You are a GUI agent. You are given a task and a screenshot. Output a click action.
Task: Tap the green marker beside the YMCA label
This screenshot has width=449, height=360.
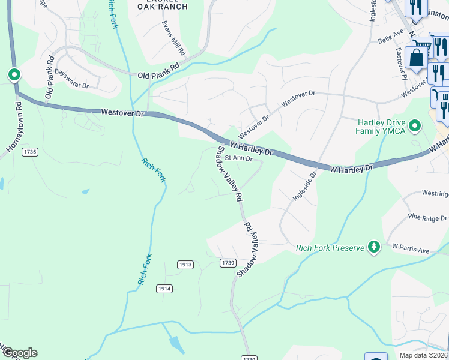pos(414,125)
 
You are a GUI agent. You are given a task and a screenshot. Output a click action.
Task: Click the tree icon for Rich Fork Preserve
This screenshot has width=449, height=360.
pos(374,246)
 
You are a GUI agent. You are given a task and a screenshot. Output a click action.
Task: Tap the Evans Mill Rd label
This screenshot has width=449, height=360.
pos(175,39)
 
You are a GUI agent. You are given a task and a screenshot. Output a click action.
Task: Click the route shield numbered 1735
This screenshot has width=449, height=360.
pos(30,152)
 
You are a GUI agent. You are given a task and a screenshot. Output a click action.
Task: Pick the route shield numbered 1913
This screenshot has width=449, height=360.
pos(185,265)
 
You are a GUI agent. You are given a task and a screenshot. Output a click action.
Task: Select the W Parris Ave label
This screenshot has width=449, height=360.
pos(411,246)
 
